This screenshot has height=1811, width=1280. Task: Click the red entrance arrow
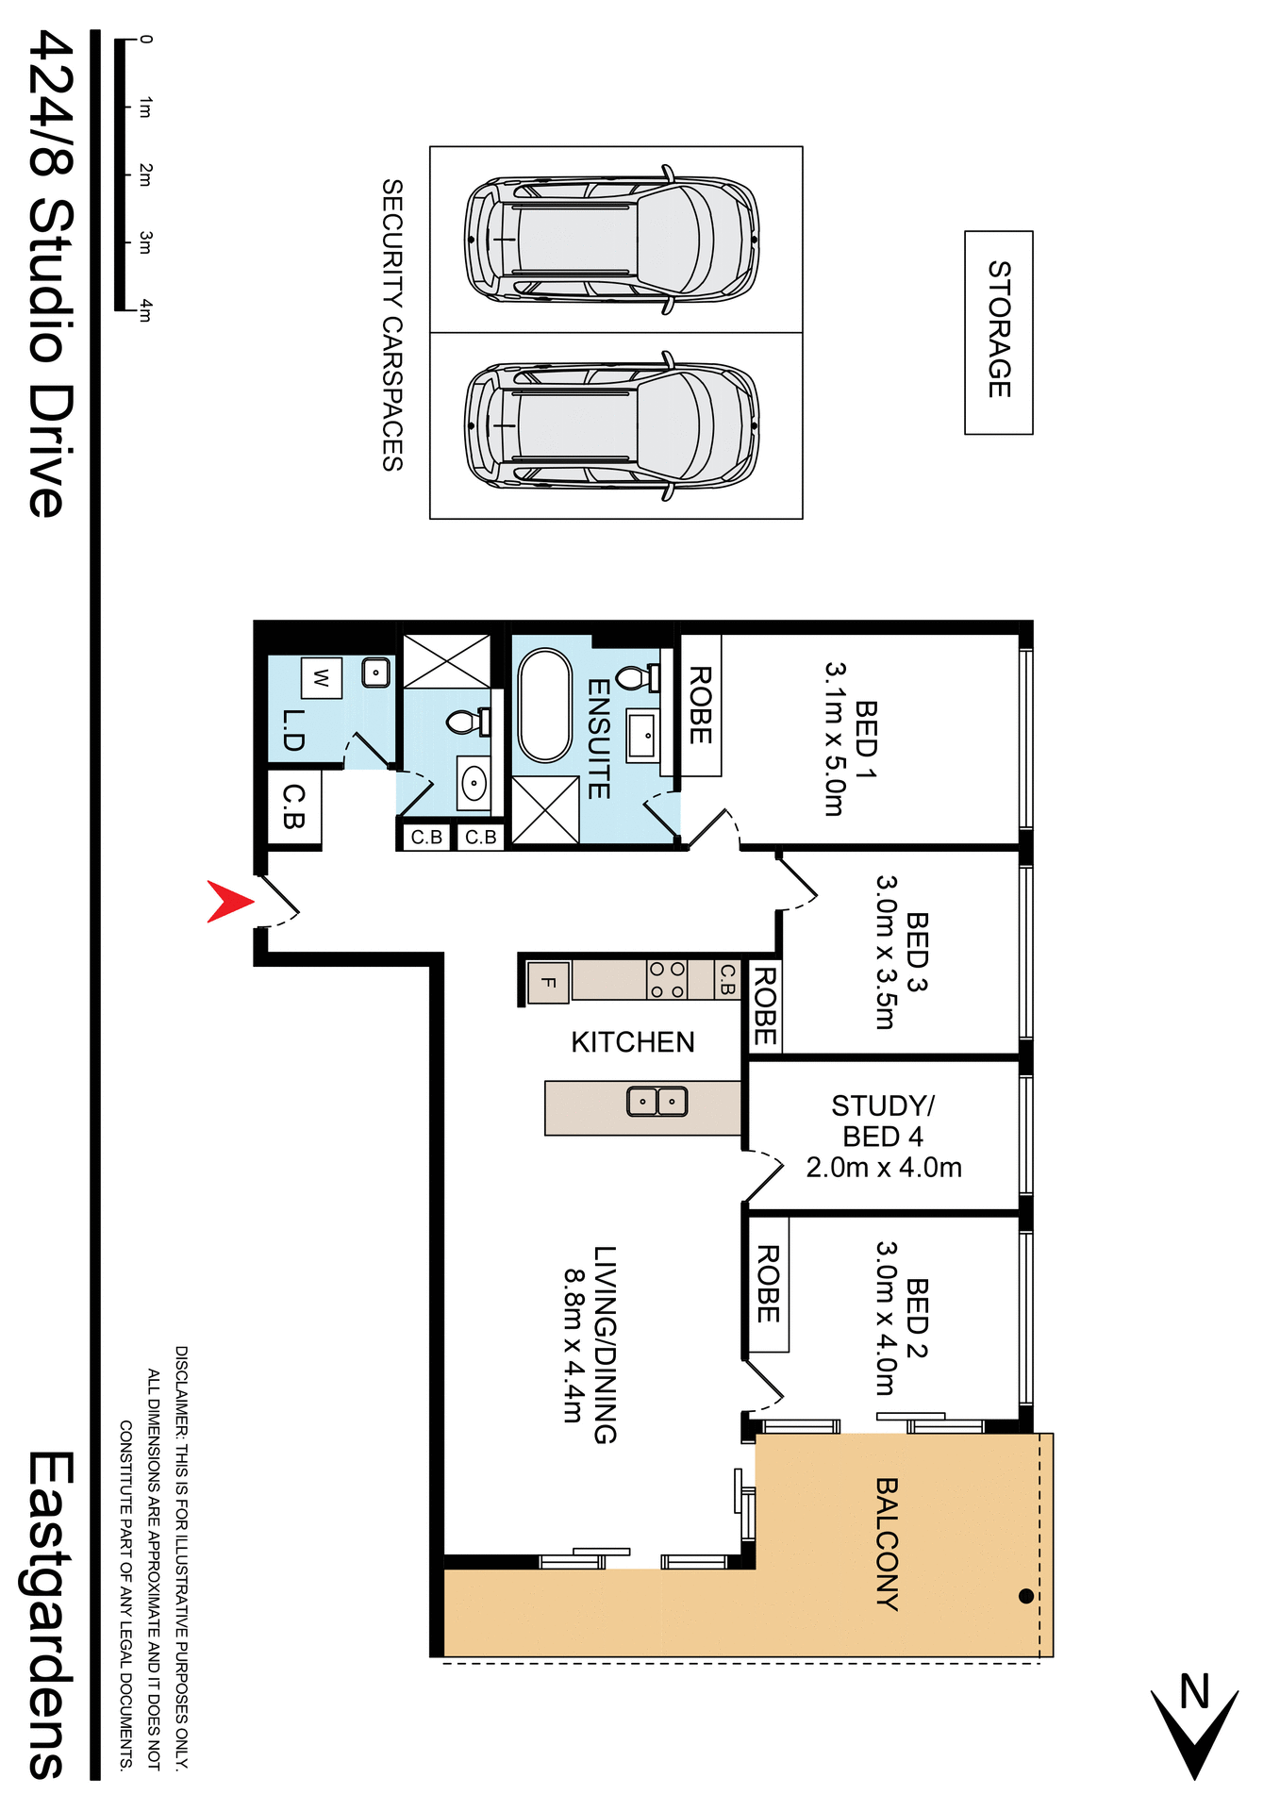point(227,901)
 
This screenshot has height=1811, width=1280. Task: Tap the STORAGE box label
point(999,330)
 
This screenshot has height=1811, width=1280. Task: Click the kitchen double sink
point(657,1101)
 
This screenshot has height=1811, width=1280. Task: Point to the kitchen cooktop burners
point(667,980)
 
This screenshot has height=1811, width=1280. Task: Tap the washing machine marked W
point(321,677)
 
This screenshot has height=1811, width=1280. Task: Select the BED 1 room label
point(866,728)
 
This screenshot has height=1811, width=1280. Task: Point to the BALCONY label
point(887,1543)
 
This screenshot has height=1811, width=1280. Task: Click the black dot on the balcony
point(1026,1596)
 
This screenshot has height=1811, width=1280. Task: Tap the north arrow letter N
point(1194,1691)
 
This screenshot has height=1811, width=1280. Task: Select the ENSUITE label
point(598,739)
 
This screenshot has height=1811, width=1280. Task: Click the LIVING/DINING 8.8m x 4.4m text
point(589,1345)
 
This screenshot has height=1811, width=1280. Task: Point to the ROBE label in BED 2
point(768,1284)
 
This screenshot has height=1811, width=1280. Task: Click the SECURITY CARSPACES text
point(392,325)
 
